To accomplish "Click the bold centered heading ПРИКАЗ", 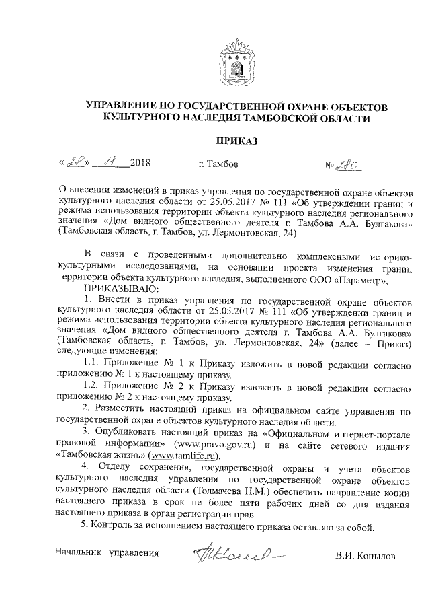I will click(236, 141).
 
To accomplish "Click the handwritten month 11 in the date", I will click(106, 162).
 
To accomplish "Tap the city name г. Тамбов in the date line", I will click(218, 164).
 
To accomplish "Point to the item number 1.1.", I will click(91, 363).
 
